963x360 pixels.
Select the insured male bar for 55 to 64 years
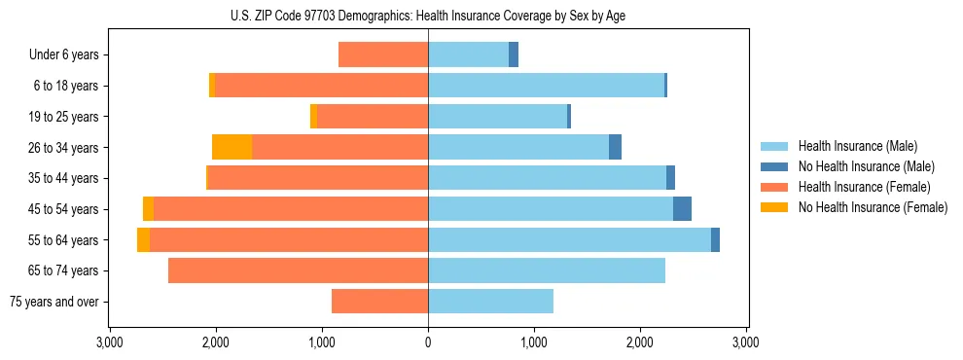click(569, 239)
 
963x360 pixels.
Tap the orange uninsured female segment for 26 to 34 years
click(232, 147)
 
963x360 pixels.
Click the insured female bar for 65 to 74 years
click(298, 270)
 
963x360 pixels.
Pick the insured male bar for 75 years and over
click(490, 302)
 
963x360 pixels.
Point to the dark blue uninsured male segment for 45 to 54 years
click(682, 209)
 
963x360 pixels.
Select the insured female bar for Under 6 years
click(383, 54)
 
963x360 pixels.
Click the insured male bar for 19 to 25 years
click(497, 117)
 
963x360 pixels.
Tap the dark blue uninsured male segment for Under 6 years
click(514, 54)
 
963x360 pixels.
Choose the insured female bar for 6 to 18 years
click(321, 86)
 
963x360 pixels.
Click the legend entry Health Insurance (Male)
click(857, 146)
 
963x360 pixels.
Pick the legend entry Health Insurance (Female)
click(864, 187)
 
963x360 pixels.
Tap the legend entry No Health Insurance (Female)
click(872, 207)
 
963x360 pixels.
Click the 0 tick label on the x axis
click(428, 343)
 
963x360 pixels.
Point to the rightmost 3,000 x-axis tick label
click(745, 343)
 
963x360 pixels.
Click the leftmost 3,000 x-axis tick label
click(110, 343)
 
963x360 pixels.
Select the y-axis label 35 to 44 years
click(64, 178)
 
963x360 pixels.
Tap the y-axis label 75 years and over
click(54, 302)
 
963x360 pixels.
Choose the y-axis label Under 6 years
click(64, 54)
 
